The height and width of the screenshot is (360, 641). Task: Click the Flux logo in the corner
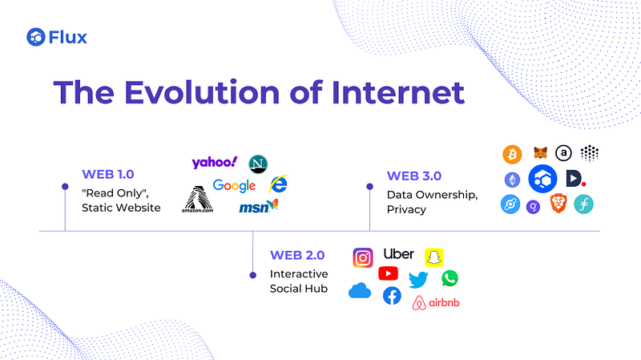[x=57, y=37]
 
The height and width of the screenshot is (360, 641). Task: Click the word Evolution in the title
[x=203, y=92]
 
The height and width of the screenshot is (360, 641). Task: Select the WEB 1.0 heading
[x=108, y=174]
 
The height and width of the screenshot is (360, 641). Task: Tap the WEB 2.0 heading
[x=297, y=255]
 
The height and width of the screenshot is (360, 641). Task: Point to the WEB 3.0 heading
[x=414, y=176]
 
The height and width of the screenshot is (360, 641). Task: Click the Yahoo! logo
[x=215, y=163]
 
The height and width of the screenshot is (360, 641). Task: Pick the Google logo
[x=234, y=186]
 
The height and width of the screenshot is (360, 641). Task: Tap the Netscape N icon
[x=258, y=164]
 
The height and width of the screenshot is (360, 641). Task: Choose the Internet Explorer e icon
[x=278, y=184]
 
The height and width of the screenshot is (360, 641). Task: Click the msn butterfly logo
[x=258, y=206]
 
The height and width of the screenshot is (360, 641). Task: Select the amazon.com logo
[x=197, y=199]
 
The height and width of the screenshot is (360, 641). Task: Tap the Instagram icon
[x=363, y=257]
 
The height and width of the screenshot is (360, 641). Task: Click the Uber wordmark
[x=398, y=254]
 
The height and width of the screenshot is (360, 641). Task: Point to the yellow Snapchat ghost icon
[x=433, y=257]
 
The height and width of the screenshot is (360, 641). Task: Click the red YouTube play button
[x=389, y=273]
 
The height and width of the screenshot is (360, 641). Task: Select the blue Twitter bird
[x=418, y=281]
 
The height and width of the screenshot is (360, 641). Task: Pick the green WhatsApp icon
[x=450, y=278]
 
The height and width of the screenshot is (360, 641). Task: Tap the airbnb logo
[x=436, y=303]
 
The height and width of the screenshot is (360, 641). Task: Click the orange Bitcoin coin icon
[x=512, y=155]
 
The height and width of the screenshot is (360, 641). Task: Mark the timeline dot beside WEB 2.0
[x=253, y=275]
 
